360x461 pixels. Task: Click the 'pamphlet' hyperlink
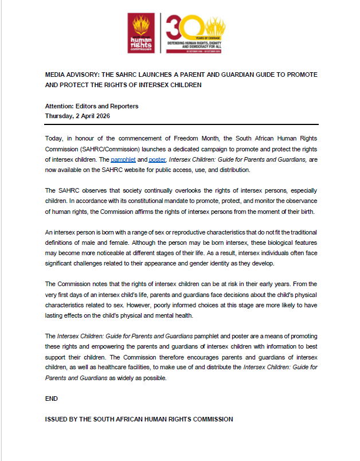click(122, 159)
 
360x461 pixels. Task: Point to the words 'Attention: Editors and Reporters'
click(91, 106)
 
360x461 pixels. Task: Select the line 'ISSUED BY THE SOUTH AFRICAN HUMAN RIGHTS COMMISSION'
click(139, 419)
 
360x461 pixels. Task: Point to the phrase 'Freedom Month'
click(221, 138)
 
